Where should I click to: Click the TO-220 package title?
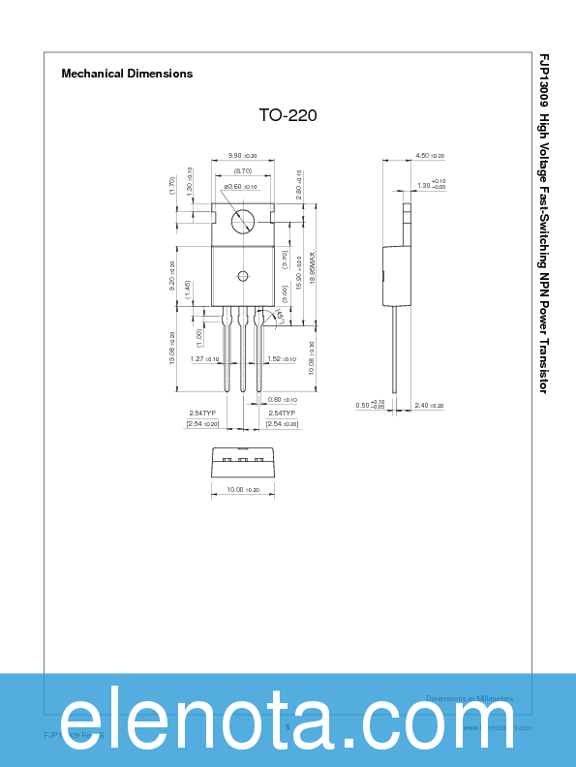point(288,115)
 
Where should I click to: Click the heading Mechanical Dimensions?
point(127,74)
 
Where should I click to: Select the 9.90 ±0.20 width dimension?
point(242,156)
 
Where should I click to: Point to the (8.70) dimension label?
point(242,170)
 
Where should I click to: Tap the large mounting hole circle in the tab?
point(243,222)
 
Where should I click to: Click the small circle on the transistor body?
point(243,276)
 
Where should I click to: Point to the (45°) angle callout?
point(279,316)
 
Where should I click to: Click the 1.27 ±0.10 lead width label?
point(204,359)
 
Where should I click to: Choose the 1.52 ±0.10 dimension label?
point(282,359)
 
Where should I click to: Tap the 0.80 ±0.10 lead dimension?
point(282,399)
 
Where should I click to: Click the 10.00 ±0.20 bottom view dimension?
point(242,490)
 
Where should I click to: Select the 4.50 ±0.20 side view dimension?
point(429,156)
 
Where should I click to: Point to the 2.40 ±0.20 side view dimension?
point(429,406)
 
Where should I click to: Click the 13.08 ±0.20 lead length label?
point(171,349)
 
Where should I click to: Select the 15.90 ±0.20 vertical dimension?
point(299,272)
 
